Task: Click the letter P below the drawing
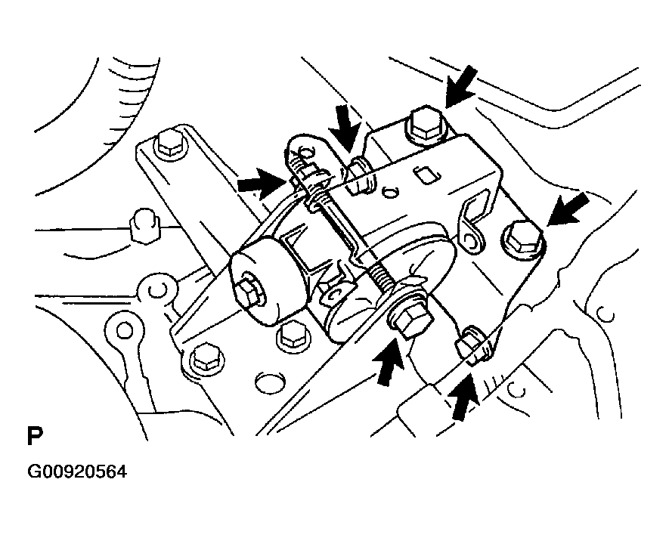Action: click(x=34, y=438)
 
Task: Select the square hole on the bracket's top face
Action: click(x=428, y=175)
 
